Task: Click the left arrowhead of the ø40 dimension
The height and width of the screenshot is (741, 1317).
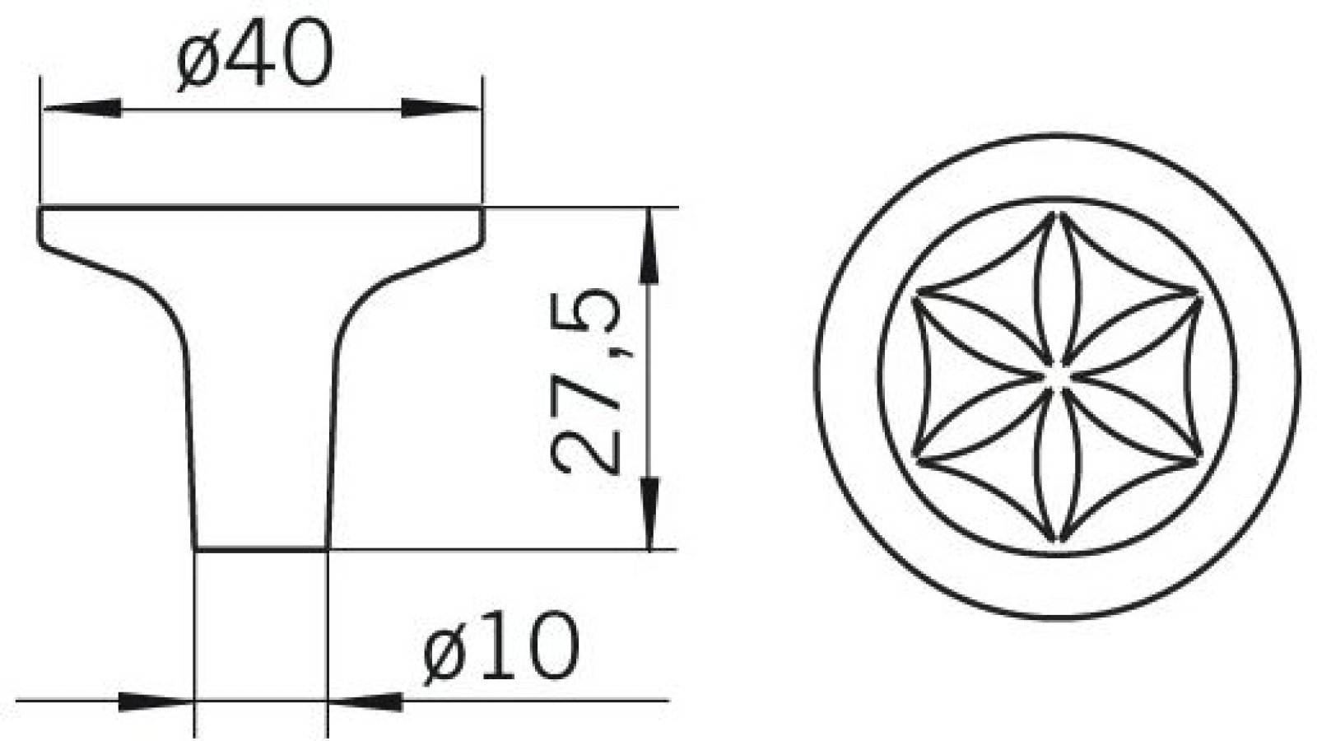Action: click(82, 109)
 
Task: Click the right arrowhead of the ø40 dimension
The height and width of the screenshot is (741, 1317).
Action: click(440, 109)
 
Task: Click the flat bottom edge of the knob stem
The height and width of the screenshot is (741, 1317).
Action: click(262, 548)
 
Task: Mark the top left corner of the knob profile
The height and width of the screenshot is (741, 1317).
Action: click(40, 210)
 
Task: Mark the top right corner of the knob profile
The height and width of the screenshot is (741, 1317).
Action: click(482, 210)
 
